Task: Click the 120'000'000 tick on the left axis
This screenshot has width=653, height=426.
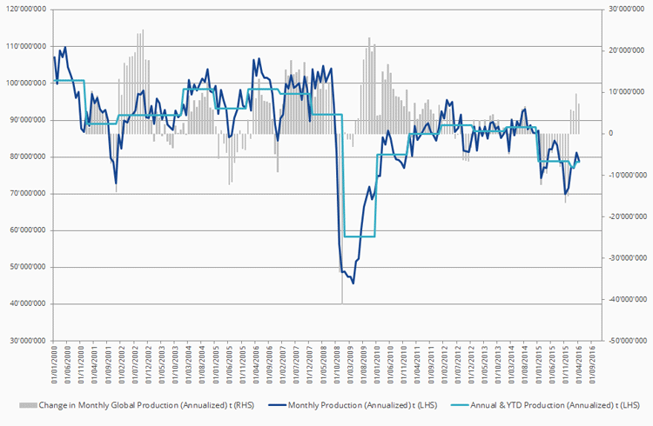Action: coord(29,10)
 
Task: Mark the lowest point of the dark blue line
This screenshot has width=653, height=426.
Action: coord(353,283)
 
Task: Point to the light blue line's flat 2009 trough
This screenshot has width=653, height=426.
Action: coord(360,236)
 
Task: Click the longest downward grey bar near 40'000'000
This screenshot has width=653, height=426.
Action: coord(342,300)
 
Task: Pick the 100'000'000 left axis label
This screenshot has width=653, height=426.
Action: coord(29,83)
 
